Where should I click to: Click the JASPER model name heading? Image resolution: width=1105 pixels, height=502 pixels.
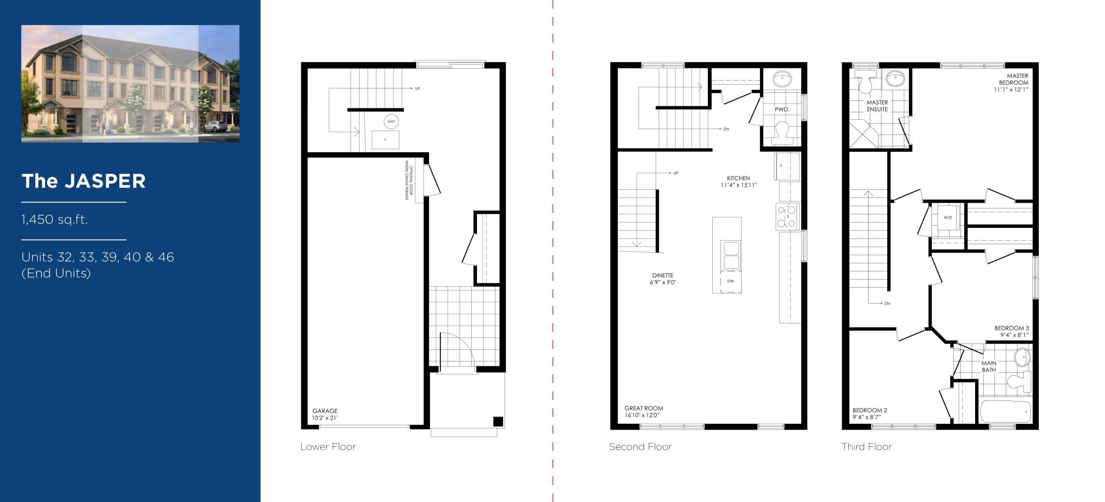tap(84, 181)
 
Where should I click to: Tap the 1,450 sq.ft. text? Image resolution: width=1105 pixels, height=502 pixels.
tap(54, 220)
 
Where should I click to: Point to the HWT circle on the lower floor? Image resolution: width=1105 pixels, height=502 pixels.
tap(391, 122)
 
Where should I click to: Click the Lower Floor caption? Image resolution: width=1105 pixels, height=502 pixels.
tap(328, 447)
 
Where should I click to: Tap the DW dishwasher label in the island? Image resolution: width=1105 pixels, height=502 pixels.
tap(730, 281)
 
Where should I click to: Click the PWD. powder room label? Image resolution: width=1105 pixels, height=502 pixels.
tap(782, 110)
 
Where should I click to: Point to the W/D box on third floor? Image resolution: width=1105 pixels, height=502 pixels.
tap(948, 217)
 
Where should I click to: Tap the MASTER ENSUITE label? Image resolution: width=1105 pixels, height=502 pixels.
tap(877, 106)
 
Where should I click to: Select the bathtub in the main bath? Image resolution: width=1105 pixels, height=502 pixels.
tap(1005, 412)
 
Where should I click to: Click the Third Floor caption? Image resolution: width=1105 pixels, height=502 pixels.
tap(866, 447)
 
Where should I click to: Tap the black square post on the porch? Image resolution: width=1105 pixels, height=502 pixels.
tap(498, 421)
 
